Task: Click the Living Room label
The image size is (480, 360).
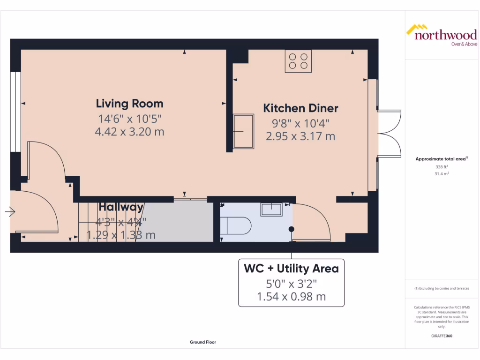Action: pyautogui.click(x=129, y=103)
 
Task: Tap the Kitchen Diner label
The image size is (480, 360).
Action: pyautogui.click(x=300, y=108)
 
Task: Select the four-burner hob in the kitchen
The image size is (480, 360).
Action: pyautogui.click(x=298, y=61)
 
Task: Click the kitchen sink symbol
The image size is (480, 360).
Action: pyautogui.click(x=243, y=132)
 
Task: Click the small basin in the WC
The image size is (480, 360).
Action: pyautogui.click(x=271, y=210)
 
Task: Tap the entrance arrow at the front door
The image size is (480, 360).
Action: pyautogui.click(x=10, y=212)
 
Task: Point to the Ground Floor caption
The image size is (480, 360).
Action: pyautogui.click(x=203, y=342)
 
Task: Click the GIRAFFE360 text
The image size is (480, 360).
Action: pyautogui.click(x=441, y=336)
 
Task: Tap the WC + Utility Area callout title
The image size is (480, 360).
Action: pyautogui.click(x=291, y=269)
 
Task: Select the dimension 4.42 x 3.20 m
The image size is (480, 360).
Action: pyautogui.click(x=129, y=132)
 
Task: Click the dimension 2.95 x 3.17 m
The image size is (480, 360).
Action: pyautogui.click(x=300, y=136)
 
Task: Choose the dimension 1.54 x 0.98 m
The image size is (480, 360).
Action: pyautogui.click(x=291, y=296)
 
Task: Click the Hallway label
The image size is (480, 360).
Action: pyautogui.click(x=121, y=207)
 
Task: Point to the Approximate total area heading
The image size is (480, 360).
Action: pyautogui.click(x=441, y=159)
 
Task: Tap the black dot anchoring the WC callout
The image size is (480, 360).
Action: pyautogui.click(x=292, y=229)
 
